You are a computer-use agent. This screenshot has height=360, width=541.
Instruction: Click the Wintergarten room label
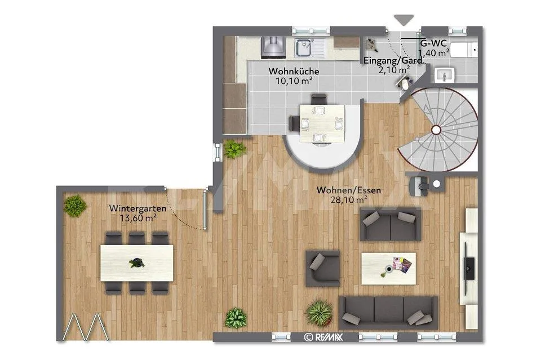(x=138, y=208)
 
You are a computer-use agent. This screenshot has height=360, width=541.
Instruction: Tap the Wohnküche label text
(x=294, y=71)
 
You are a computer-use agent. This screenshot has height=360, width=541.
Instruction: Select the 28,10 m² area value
(x=349, y=199)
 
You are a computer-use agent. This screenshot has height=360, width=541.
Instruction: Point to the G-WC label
(x=433, y=43)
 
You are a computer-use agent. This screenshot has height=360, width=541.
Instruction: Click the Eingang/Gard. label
(x=393, y=61)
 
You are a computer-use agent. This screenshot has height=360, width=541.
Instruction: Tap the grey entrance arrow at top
(x=403, y=20)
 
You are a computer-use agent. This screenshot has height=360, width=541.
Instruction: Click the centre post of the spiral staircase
(x=436, y=130)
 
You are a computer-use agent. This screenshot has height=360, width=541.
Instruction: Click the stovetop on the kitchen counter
(x=274, y=47)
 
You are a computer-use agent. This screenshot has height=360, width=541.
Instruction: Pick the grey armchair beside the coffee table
(x=323, y=268)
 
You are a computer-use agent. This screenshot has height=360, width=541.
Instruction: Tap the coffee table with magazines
(x=388, y=268)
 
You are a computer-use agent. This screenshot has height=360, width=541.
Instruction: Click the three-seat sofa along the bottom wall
(x=388, y=313)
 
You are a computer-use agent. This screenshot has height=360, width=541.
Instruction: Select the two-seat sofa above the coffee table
(x=391, y=224)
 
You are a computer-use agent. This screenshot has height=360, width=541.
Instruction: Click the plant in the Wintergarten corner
(x=75, y=206)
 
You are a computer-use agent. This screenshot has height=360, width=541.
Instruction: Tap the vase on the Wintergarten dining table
(x=137, y=263)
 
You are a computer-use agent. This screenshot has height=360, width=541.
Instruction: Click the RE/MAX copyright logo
(x=323, y=337)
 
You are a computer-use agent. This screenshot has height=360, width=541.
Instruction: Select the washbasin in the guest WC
(x=445, y=75)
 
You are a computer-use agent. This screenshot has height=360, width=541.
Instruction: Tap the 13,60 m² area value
(x=138, y=218)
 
